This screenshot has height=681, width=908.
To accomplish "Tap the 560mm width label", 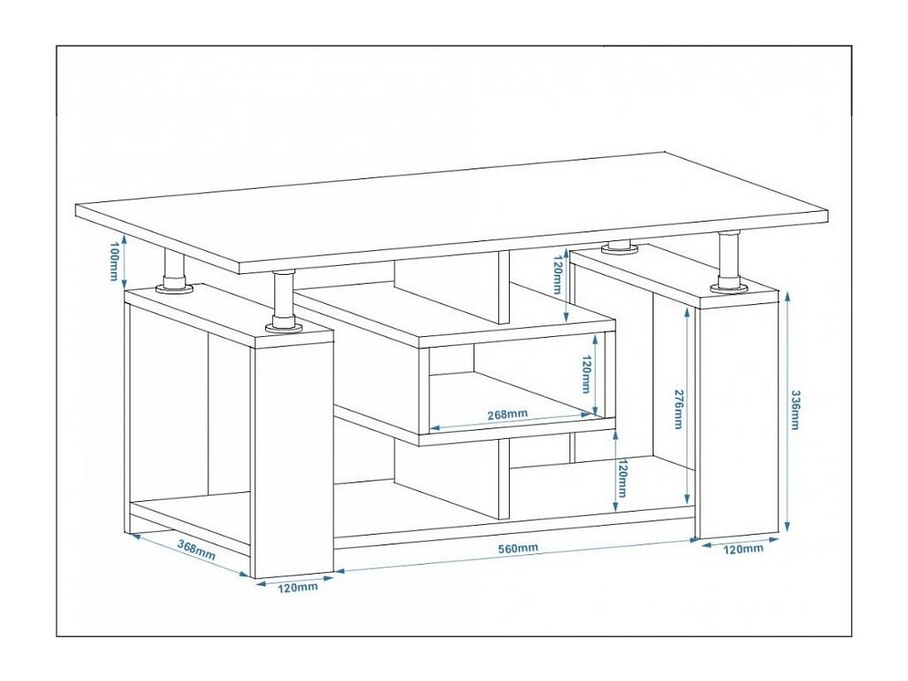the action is (518, 547).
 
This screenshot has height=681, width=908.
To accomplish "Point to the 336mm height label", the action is (794, 410).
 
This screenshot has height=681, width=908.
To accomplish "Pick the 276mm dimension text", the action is (677, 409).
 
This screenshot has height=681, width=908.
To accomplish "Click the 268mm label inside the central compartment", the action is (507, 413).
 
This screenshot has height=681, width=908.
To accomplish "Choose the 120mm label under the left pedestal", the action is (299, 587).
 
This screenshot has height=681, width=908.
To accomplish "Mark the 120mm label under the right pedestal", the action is (744, 549).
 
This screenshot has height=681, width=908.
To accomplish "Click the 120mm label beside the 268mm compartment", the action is (585, 374).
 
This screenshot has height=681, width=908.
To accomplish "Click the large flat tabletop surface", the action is (452, 208).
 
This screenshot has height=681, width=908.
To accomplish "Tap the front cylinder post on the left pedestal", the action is (283, 301).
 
